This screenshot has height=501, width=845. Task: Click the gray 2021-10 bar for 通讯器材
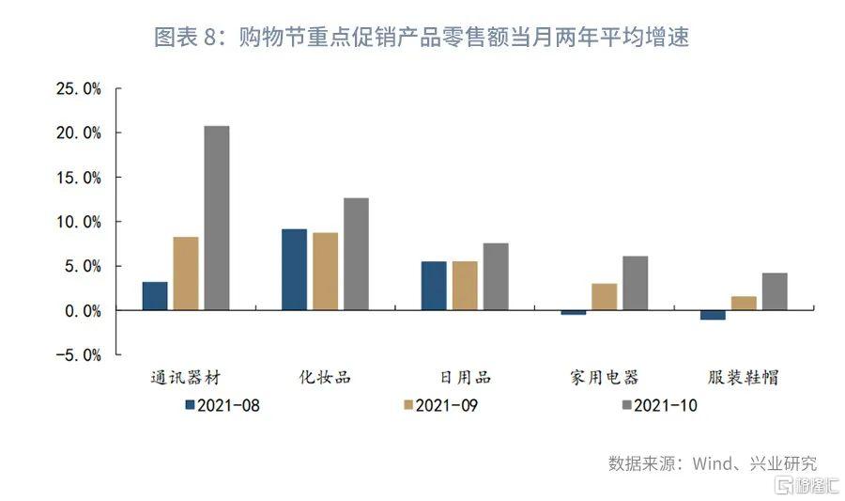tap(217, 218)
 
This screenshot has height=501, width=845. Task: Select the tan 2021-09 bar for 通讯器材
tap(186, 274)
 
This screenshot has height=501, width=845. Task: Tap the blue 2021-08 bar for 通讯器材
tap(155, 296)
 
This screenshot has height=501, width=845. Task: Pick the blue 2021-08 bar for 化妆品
tap(294, 270)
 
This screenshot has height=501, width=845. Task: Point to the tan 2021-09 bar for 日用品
tap(465, 286)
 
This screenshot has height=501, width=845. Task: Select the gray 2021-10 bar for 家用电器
tap(635, 283)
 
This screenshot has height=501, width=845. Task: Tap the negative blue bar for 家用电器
tap(573, 312)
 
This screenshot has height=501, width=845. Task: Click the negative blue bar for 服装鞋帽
tap(713, 315)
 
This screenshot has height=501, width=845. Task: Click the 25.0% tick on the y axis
tap(79, 89)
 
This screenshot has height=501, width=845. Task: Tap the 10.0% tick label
tap(79, 222)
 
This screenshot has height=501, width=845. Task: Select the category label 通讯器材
tap(185, 378)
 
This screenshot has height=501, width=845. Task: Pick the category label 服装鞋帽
tap(744, 378)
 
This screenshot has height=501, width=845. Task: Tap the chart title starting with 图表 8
tap(422, 39)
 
